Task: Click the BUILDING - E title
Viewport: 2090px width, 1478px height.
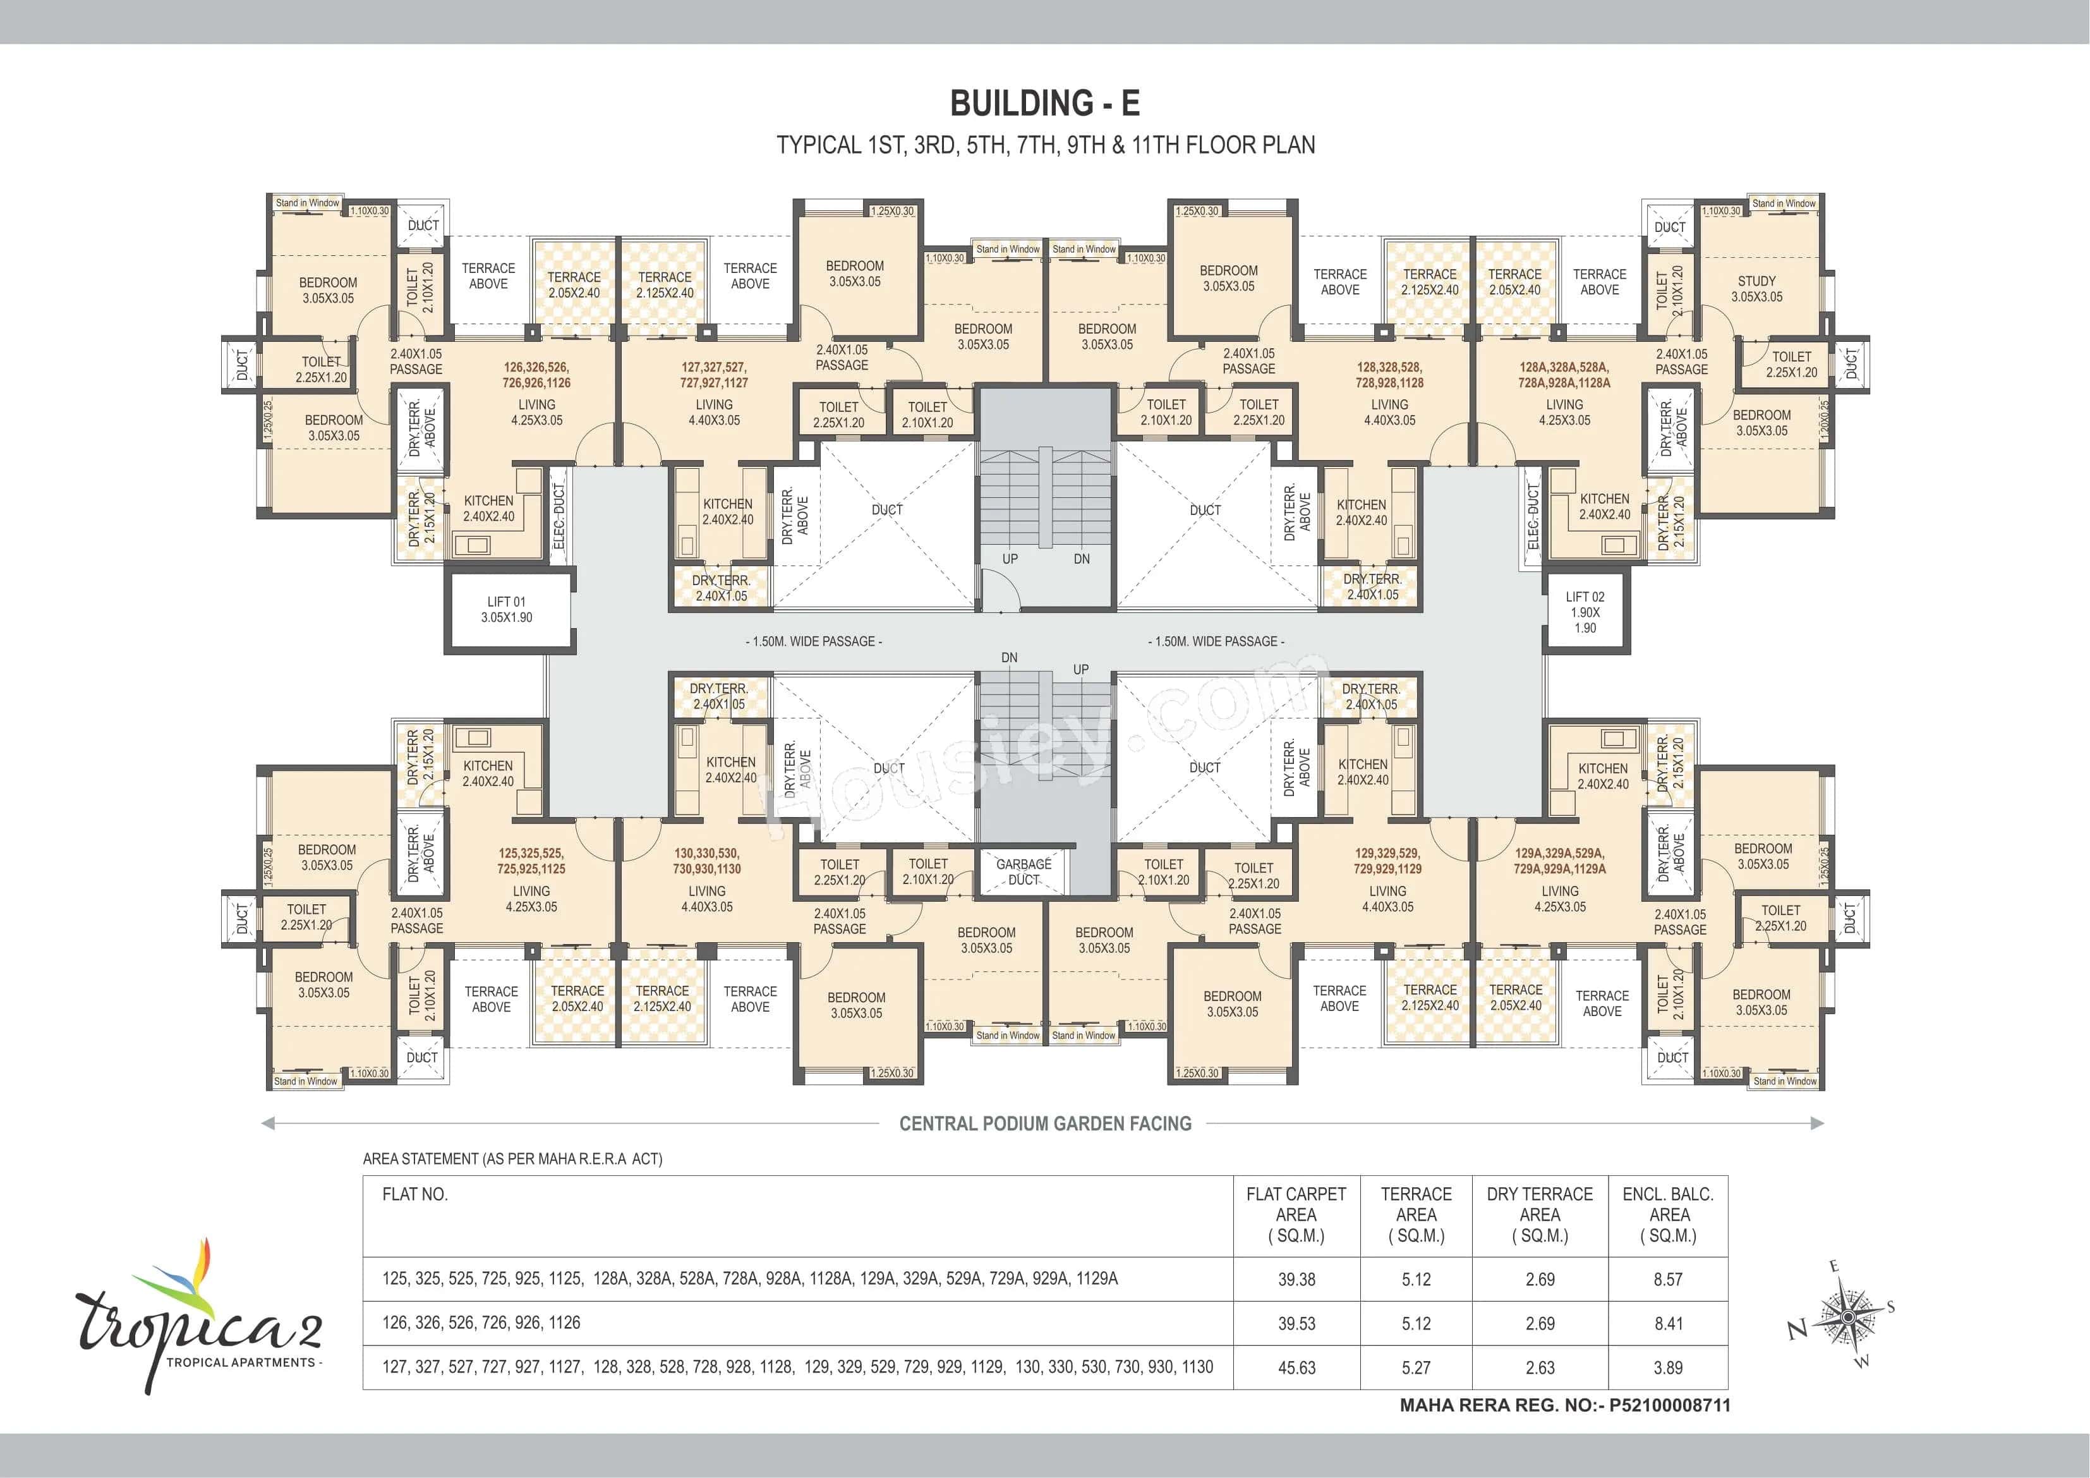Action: (1044, 103)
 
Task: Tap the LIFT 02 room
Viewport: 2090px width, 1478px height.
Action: (1585, 612)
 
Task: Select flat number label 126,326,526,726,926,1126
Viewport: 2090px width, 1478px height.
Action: (536, 374)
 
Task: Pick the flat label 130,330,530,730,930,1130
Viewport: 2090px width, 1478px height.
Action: (706, 861)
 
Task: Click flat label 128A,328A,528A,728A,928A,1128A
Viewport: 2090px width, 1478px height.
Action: (1564, 374)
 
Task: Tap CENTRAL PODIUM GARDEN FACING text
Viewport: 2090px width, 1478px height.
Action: (1044, 1124)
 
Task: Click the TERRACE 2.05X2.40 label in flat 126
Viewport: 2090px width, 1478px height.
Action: (574, 284)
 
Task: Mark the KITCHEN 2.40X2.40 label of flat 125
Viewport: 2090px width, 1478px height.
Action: (488, 773)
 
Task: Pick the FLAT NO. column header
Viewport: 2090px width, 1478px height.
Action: (415, 1194)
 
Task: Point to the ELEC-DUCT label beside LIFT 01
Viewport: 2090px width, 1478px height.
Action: (559, 516)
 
